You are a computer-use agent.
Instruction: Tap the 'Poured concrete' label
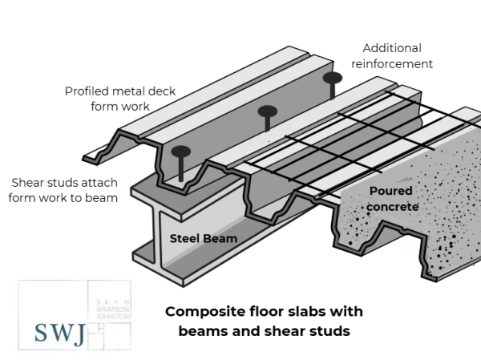pyautogui.click(x=392, y=199)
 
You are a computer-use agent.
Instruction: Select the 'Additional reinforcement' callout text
pyautogui.click(x=397, y=55)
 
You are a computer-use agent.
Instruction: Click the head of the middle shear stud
pyautogui.click(x=268, y=111)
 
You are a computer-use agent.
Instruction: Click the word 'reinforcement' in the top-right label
pyautogui.click(x=397, y=63)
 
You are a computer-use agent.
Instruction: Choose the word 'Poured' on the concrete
pyautogui.click(x=391, y=192)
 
